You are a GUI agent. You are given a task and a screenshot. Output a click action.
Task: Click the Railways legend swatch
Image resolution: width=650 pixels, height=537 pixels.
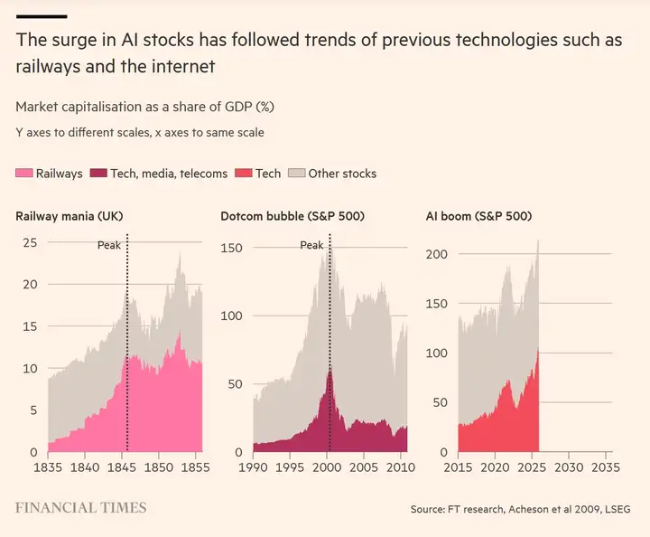click(24, 173)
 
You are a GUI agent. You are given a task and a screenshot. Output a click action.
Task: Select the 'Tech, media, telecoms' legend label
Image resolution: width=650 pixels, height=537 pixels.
click(169, 173)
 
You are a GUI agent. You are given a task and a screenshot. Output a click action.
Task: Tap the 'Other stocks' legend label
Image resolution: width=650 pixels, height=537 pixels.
click(342, 173)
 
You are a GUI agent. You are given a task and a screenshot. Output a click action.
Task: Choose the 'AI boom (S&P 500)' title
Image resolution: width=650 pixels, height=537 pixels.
click(478, 216)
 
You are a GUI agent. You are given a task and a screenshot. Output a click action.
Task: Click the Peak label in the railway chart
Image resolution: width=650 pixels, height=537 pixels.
click(108, 245)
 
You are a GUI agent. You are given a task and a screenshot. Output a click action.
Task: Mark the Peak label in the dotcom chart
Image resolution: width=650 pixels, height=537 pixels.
click(311, 245)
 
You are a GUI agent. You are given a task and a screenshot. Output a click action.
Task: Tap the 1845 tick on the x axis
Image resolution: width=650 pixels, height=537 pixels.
click(121, 468)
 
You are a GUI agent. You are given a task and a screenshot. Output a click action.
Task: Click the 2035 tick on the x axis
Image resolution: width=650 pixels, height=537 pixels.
click(604, 468)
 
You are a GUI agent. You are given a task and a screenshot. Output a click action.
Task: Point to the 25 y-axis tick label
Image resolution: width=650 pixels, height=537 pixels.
click(30, 242)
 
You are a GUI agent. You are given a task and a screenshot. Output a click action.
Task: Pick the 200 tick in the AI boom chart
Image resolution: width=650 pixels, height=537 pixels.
click(437, 254)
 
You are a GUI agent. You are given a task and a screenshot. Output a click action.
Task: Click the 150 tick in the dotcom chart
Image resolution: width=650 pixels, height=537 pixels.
click(233, 247)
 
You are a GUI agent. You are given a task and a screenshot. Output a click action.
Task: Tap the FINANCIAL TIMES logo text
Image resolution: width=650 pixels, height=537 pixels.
click(81, 508)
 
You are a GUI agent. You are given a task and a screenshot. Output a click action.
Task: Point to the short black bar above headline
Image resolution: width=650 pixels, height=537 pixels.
click(42, 16)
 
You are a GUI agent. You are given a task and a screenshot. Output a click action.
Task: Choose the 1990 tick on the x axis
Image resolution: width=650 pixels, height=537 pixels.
click(253, 468)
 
